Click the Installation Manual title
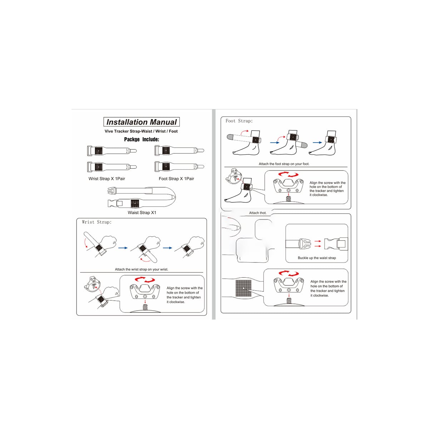click(141, 122)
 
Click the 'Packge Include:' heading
click(142, 139)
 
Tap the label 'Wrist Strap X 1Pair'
click(107, 178)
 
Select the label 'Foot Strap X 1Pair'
click(176, 178)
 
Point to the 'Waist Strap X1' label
click(142, 213)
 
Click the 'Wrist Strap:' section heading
click(97, 222)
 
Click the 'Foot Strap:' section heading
click(239, 121)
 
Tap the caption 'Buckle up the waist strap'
click(317, 258)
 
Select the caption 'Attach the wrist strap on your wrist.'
click(142, 270)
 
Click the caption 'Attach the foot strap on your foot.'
click(284, 164)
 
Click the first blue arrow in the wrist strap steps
click(123, 248)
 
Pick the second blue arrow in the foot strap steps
click(317, 143)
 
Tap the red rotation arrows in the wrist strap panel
click(145, 280)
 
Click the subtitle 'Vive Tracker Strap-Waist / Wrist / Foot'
click(141, 131)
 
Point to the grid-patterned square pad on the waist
click(243, 288)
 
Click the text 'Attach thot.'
click(257, 213)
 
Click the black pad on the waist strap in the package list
click(135, 203)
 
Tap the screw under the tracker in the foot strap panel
click(289, 198)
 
